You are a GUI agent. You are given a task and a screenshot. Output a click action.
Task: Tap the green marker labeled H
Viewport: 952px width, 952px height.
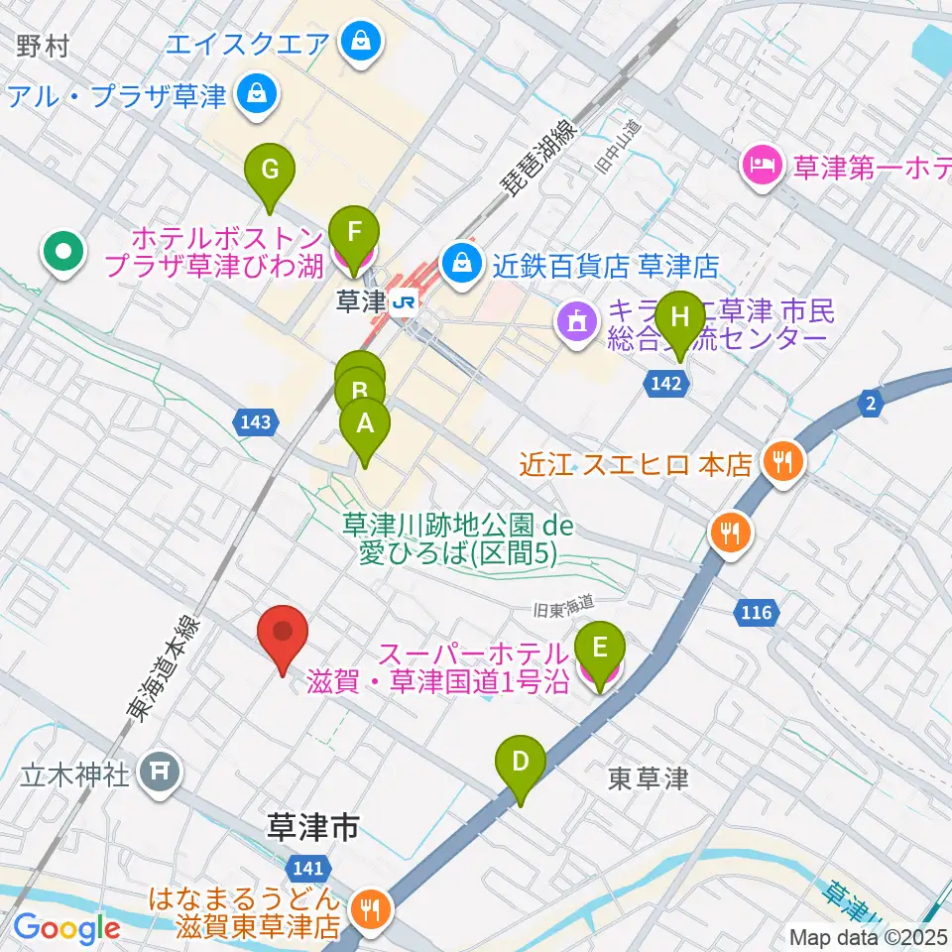point(679,317)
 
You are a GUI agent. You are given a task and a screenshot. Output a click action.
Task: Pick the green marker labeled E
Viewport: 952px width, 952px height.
point(599,649)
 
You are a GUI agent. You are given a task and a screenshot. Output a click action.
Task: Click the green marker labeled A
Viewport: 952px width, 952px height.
point(365,424)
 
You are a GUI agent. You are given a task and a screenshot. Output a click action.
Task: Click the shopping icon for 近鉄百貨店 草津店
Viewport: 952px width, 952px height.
point(461,264)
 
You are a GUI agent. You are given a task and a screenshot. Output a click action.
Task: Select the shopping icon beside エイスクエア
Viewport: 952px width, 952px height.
point(353,42)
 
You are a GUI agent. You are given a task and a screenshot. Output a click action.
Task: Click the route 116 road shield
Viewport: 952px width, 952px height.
point(757,614)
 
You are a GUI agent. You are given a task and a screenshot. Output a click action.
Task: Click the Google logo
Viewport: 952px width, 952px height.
point(66,928)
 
